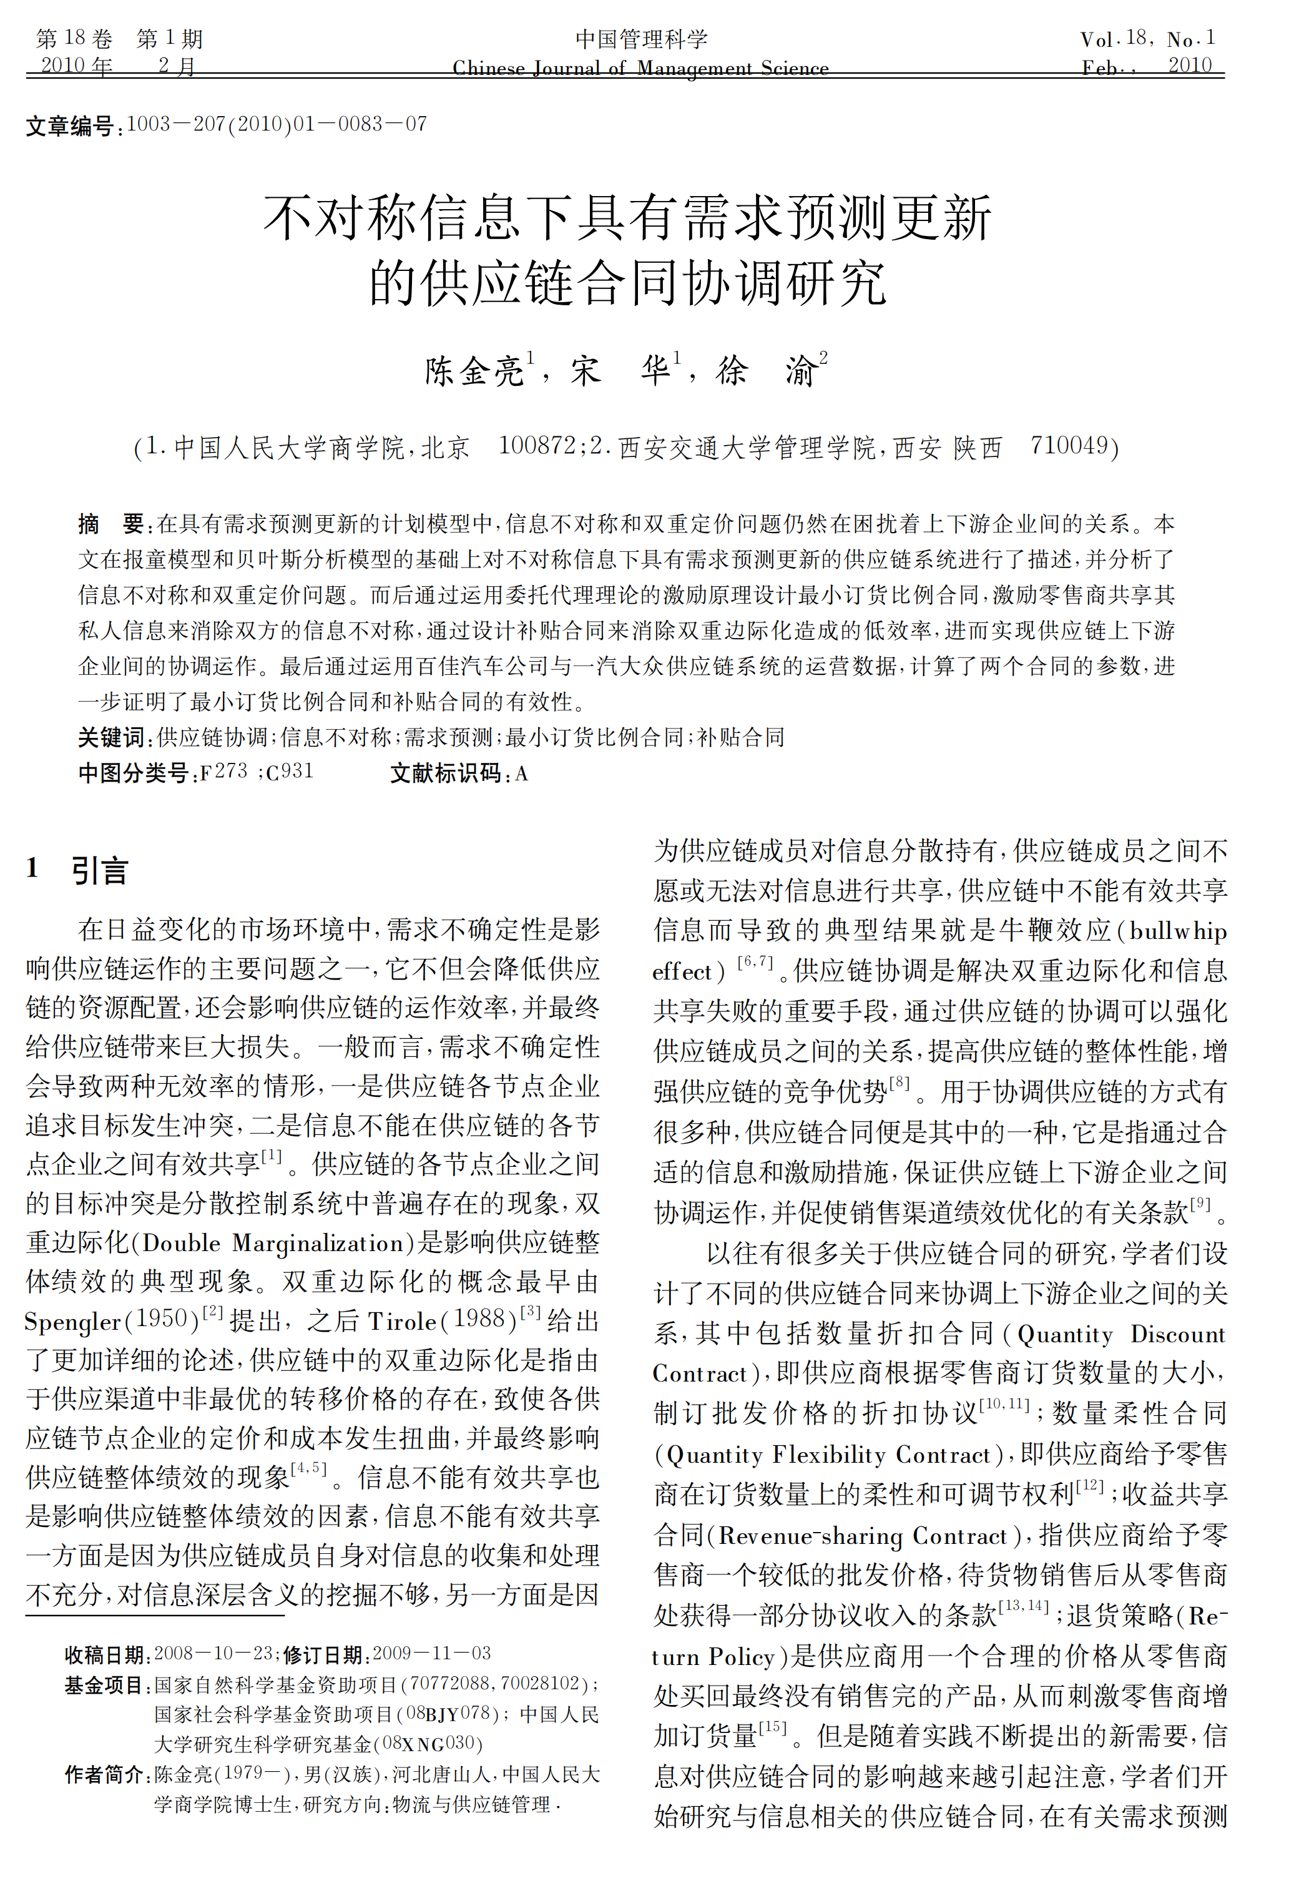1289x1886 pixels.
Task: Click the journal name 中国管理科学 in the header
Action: click(641, 39)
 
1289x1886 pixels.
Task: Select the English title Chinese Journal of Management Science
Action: click(641, 68)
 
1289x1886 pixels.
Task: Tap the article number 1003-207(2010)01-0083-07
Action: click(277, 124)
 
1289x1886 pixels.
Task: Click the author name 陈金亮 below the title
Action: click(474, 371)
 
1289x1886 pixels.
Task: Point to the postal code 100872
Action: click(537, 446)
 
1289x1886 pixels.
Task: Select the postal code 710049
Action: click(1069, 446)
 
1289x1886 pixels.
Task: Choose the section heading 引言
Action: click(99, 870)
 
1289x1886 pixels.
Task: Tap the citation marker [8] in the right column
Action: click(899, 1083)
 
